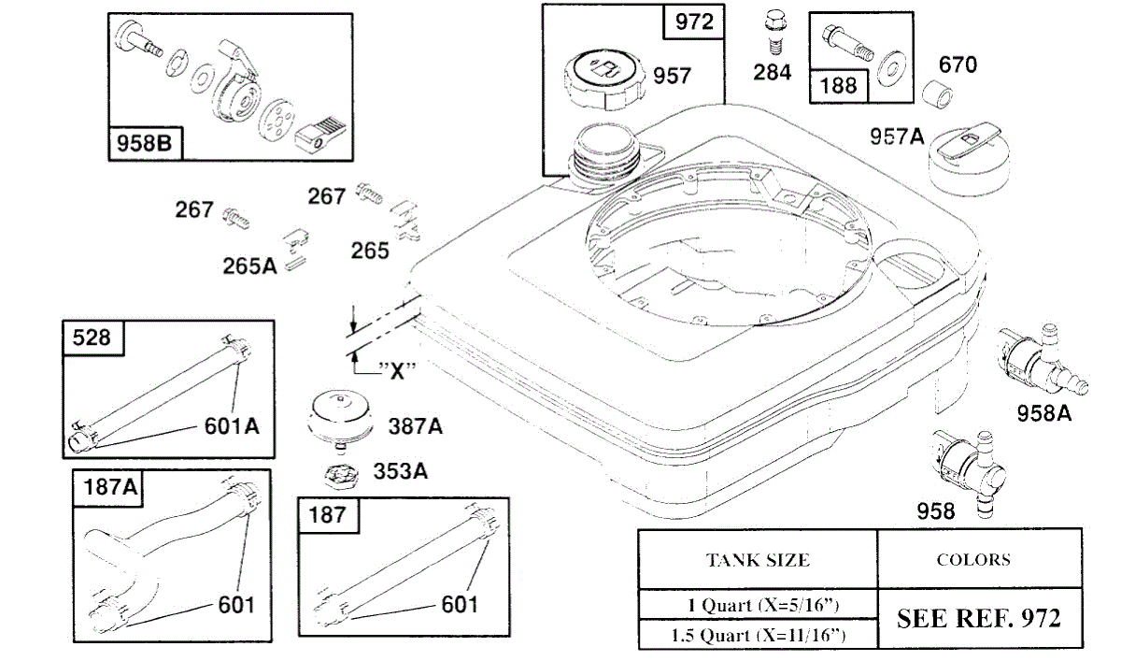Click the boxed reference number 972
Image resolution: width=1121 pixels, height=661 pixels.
tap(693, 23)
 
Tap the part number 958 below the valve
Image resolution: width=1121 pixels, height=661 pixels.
tap(936, 510)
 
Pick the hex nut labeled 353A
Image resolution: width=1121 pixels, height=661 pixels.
tap(342, 473)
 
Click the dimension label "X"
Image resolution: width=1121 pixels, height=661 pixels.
tap(398, 368)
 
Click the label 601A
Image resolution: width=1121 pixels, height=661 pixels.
tap(232, 426)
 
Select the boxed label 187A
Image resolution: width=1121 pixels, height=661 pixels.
tap(110, 486)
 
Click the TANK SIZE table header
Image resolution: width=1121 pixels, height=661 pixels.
tap(758, 560)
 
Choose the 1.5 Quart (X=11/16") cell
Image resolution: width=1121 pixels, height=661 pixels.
tap(758, 636)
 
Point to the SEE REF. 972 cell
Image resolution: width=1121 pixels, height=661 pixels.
tap(979, 618)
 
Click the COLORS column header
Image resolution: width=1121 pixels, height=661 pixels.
tap(973, 559)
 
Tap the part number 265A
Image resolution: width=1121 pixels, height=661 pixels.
tap(249, 266)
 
